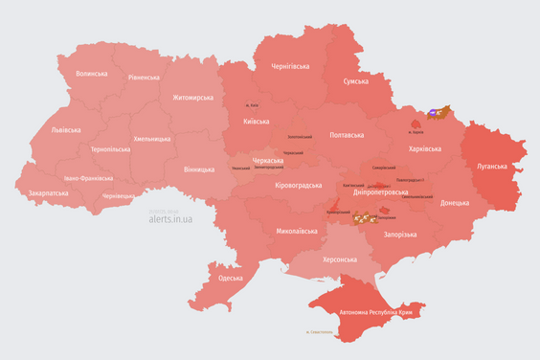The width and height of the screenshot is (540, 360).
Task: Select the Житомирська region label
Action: tap(194, 97)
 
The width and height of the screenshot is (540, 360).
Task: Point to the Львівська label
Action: tap(66, 129)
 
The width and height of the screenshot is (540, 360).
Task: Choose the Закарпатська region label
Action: tap(48, 192)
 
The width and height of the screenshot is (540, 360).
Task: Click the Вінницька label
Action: tap(199, 169)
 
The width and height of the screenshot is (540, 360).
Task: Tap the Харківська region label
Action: tap(424, 148)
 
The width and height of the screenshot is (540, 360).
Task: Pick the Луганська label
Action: tap(492, 166)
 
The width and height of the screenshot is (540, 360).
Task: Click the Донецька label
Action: tap(455, 203)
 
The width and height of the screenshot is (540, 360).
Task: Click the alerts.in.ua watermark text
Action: tap(170, 219)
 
